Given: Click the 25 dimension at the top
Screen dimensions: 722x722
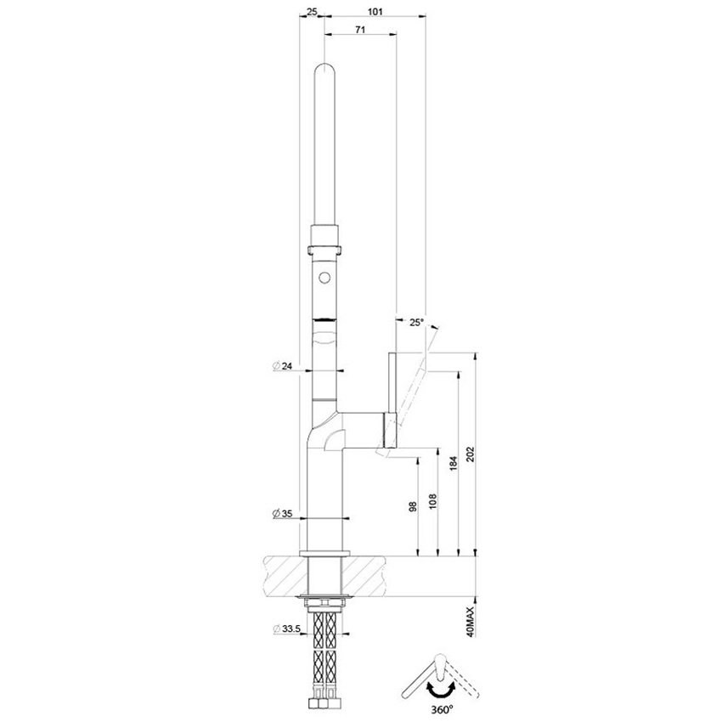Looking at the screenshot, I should (x=312, y=12).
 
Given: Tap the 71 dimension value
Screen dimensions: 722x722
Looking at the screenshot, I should (x=359, y=30).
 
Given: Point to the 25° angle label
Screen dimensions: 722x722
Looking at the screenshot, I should (x=415, y=322).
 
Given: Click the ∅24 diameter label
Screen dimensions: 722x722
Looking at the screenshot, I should (x=283, y=365).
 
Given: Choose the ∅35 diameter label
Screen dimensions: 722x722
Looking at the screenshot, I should (x=283, y=514).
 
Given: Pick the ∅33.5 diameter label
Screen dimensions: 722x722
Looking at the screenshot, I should (x=286, y=629).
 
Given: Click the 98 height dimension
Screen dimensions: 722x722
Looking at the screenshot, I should (x=413, y=505).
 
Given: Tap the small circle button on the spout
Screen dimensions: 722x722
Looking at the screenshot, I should (x=325, y=277).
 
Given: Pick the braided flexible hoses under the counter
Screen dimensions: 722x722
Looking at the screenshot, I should (x=325, y=654).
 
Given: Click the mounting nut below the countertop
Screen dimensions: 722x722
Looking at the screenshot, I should (x=325, y=602).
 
